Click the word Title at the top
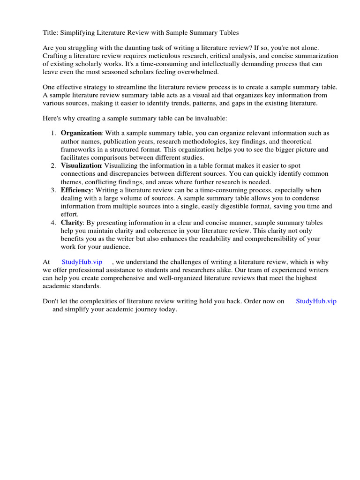point(51,32)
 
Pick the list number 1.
point(53,133)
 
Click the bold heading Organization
point(81,133)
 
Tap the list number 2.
point(53,165)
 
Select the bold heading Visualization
point(81,165)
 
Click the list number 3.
point(53,190)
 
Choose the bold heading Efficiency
point(76,190)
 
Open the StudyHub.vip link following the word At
point(82,262)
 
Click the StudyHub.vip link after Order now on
point(316,301)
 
